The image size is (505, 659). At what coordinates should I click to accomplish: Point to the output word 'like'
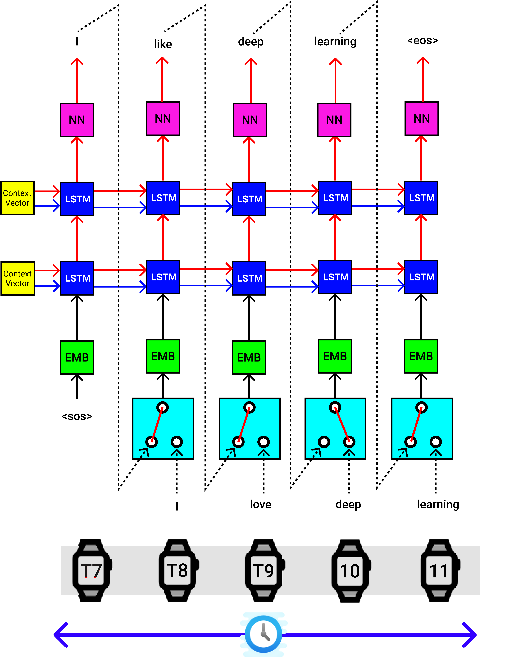tap(163, 44)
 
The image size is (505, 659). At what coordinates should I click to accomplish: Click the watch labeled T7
tap(91, 570)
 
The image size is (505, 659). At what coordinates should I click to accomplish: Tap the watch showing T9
tap(264, 570)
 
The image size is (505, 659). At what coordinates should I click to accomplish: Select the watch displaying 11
tap(439, 570)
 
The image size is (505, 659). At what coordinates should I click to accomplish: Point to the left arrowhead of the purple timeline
tap(60, 635)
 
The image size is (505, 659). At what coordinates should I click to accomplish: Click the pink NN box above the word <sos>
tap(77, 120)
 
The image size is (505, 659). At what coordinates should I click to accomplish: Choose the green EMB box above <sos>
tap(77, 357)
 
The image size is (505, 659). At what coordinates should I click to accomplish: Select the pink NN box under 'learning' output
tap(334, 120)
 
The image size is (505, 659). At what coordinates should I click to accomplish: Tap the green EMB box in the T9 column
tap(249, 357)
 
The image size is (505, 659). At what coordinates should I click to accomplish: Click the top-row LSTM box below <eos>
tap(421, 198)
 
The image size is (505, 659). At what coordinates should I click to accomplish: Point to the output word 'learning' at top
tap(335, 42)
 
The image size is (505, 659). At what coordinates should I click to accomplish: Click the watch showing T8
tap(177, 570)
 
